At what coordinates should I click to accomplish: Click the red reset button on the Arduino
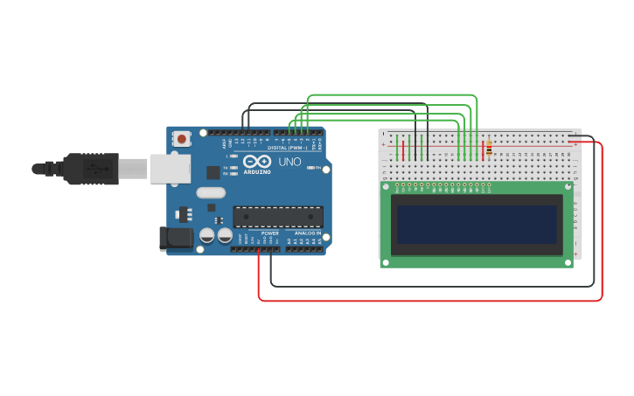click(x=181, y=138)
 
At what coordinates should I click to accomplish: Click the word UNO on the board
click(x=289, y=162)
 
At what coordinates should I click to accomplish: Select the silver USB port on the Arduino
click(x=170, y=169)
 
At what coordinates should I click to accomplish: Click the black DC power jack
click(x=176, y=238)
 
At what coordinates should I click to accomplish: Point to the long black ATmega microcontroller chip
click(x=277, y=217)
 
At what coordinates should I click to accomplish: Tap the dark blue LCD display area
click(x=477, y=225)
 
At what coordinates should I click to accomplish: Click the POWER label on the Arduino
click(x=270, y=233)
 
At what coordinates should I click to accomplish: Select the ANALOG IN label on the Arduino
click(x=306, y=233)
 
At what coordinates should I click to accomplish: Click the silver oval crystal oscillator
click(x=211, y=192)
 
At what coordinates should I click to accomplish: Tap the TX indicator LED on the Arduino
click(x=233, y=167)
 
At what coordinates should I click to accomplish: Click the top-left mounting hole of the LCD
click(x=386, y=186)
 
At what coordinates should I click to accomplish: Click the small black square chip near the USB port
click(x=212, y=172)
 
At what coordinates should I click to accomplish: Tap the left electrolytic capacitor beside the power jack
click(x=207, y=235)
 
